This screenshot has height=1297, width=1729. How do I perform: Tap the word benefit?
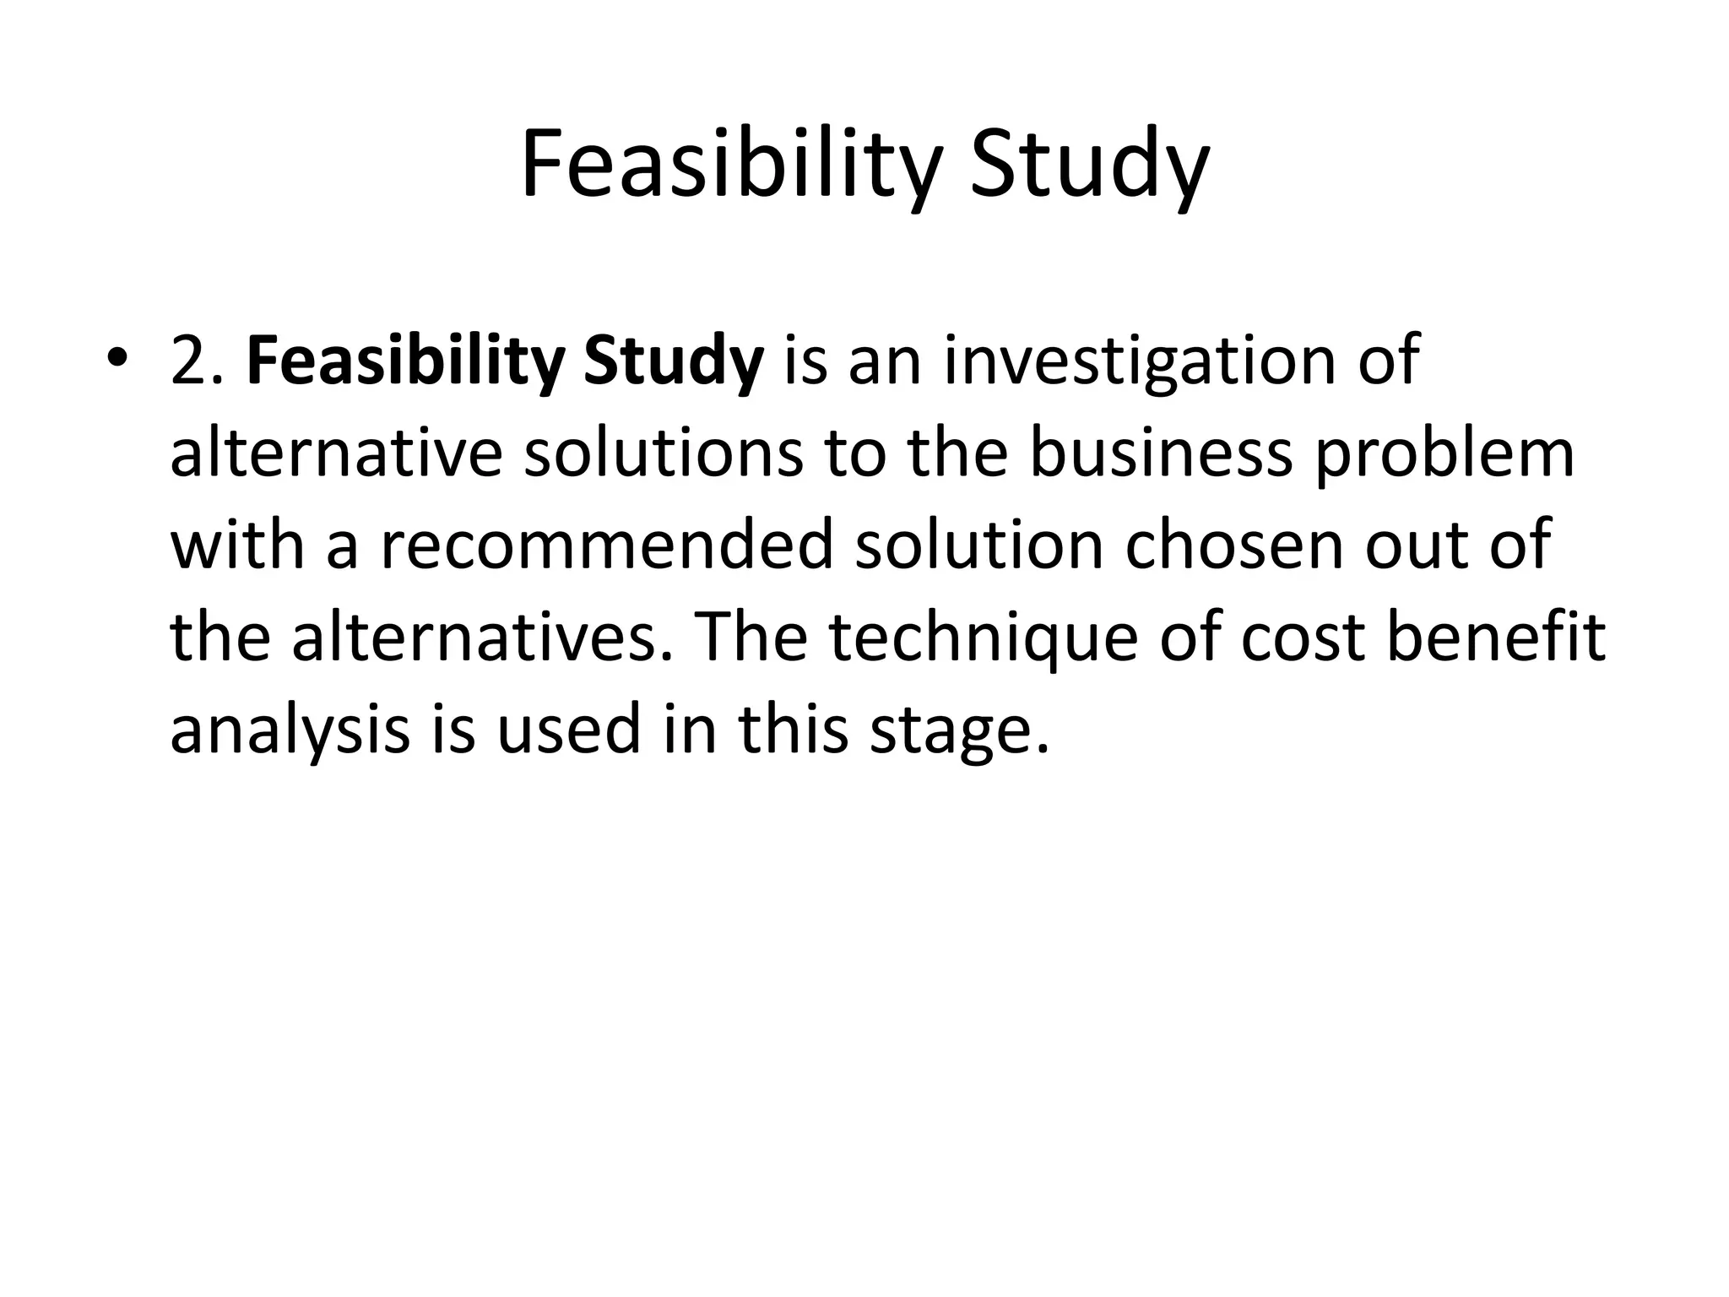[1496, 637]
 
